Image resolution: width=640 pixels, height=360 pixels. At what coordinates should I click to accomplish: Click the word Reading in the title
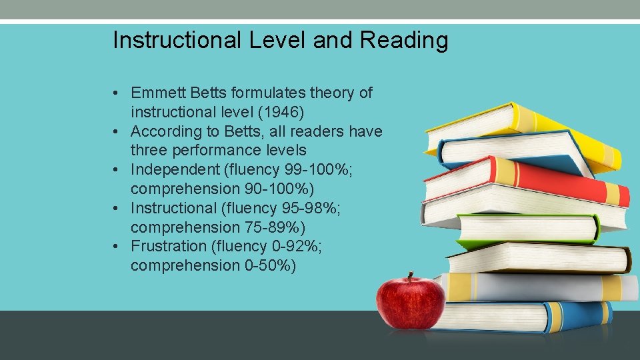404,41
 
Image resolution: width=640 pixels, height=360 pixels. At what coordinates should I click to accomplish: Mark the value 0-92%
296,246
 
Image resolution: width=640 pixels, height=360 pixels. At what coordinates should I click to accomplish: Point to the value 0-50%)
269,265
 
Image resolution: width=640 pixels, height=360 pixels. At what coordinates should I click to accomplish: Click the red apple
410,303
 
